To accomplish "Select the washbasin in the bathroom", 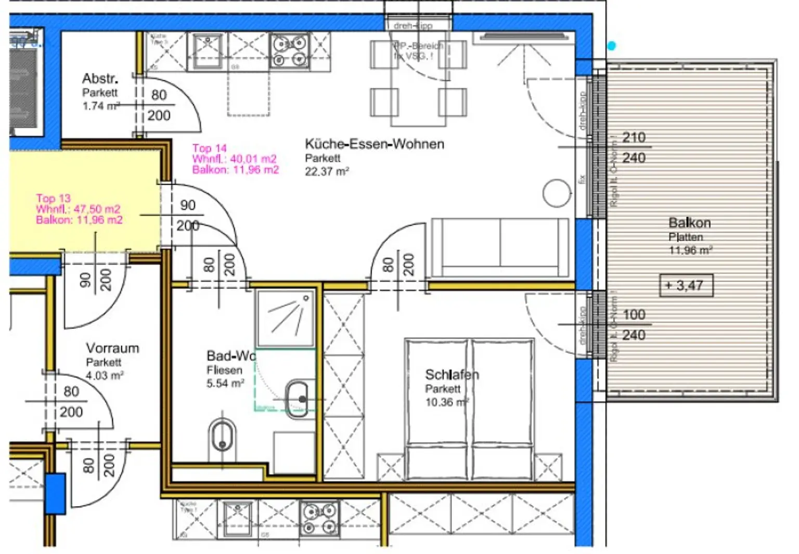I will [298, 399].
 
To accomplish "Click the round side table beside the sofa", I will [557, 193].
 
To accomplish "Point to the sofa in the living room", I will [500, 248].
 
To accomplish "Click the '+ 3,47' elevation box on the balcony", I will [686, 285].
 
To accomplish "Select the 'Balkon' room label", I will [689, 223].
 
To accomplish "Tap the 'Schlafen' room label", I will [452, 374].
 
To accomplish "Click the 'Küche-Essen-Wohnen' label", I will [374, 144].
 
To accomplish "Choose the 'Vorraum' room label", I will [112, 348].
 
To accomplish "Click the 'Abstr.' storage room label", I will [100, 78].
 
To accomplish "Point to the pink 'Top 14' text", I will [209, 148].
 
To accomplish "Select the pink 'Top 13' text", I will [53, 198].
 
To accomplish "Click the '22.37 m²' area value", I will [327, 172].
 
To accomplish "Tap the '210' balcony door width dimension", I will [634, 138].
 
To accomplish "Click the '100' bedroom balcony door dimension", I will [634, 315].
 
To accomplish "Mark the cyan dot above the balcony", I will [612, 46].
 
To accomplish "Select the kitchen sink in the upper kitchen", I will [208, 51].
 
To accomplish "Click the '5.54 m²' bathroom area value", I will [225, 384].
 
